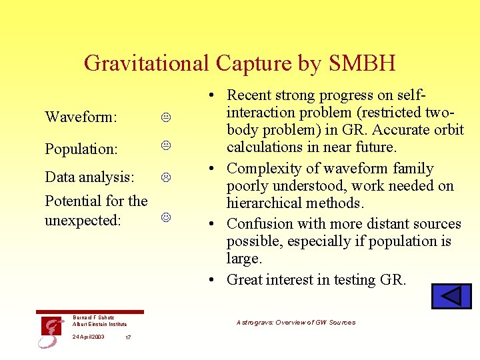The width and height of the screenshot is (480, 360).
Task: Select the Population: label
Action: click(x=81, y=149)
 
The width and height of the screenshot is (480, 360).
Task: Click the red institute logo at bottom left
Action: click(x=51, y=331)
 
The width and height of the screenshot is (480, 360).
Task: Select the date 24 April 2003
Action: click(x=89, y=337)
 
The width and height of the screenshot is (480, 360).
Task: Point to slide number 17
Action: click(x=128, y=337)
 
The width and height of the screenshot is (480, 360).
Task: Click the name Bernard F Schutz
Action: click(x=93, y=318)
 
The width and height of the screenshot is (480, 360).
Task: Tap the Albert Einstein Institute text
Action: click(x=99, y=325)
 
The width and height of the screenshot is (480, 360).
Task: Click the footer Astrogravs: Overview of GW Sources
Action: click(x=296, y=323)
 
